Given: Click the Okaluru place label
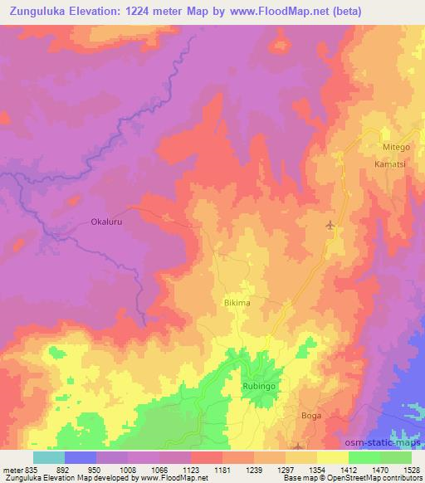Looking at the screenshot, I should tap(105, 222).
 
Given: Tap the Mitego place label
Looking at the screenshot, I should tap(396, 147).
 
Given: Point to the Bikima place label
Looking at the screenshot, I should tap(237, 304).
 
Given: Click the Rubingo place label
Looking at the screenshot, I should tap(257, 387).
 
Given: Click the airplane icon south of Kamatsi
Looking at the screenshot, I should tap(331, 225).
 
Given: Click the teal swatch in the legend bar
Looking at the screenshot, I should tap(49, 456).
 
